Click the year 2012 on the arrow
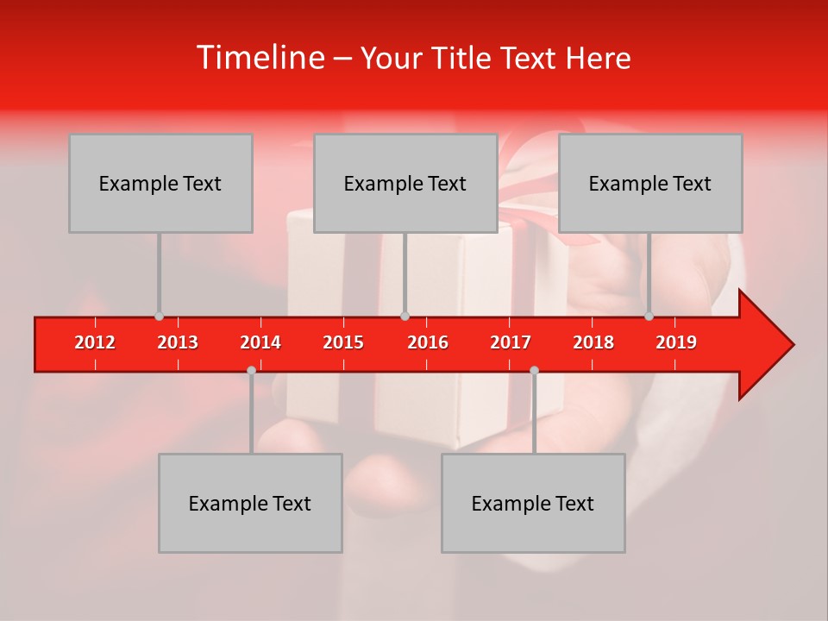tap(95, 342)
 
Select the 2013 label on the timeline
tap(178, 342)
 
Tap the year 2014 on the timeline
tap(260, 342)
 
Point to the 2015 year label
tap(343, 342)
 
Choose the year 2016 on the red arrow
tap(428, 342)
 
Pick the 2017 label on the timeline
tap(511, 342)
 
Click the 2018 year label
tap(593, 342)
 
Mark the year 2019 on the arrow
tap(676, 342)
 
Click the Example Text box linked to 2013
tap(160, 183)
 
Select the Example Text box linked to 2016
tap(405, 183)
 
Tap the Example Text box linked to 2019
tap(650, 183)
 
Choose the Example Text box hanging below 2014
tap(250, 503)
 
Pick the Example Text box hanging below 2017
tap(533, 503)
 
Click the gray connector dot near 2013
tap(159, 317)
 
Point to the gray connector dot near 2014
tap(251, 370)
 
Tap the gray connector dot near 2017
tap(534, 370)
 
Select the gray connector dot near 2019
tap(649, 317)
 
